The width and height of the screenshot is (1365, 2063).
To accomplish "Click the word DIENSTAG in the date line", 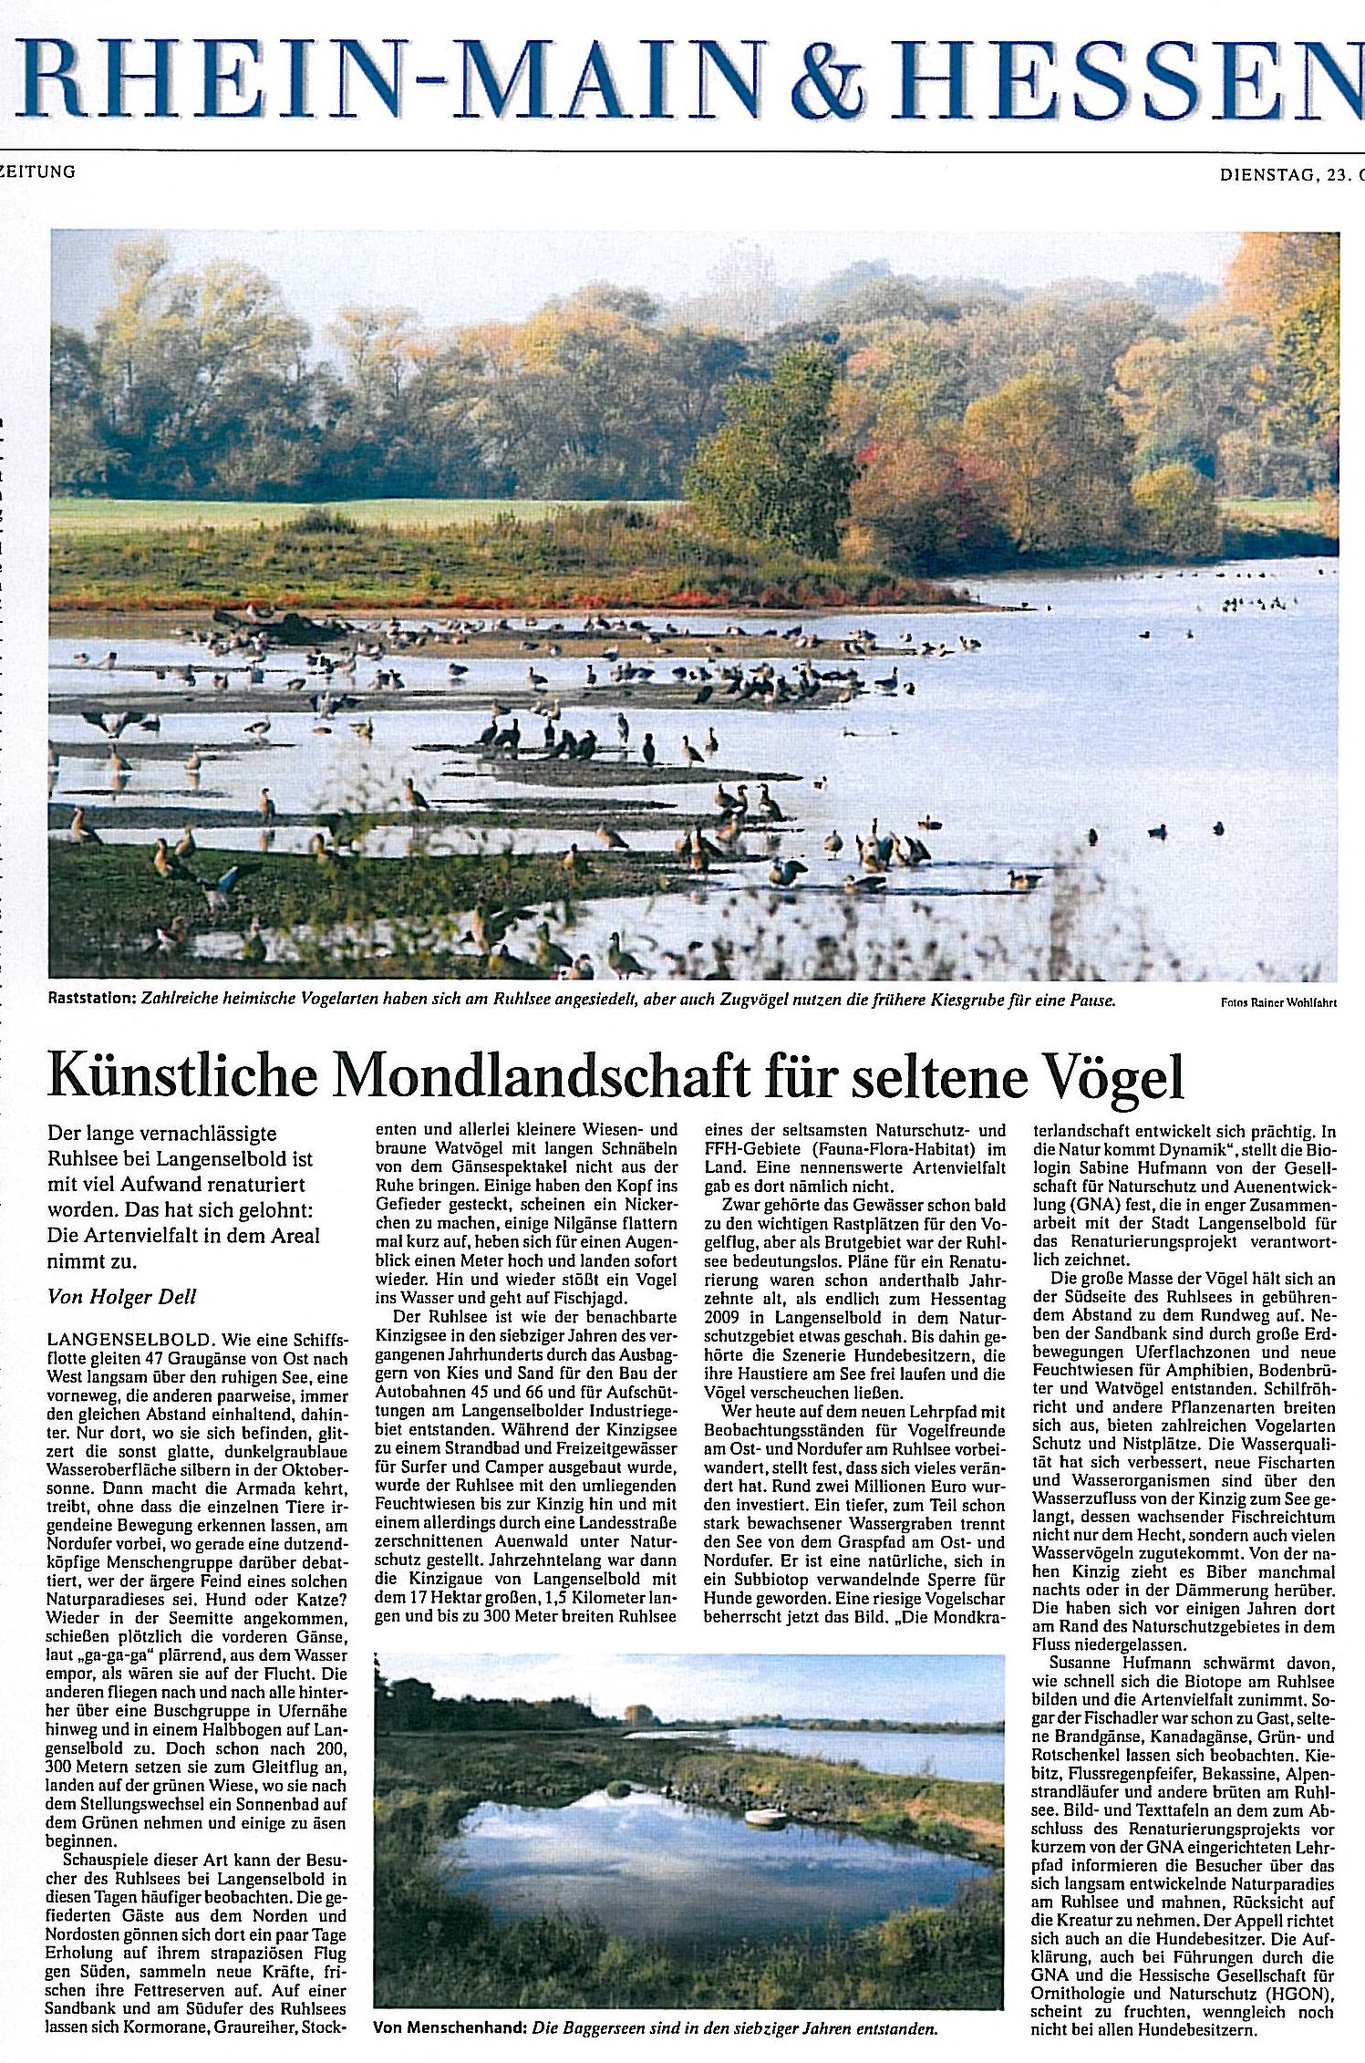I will point(1268,175).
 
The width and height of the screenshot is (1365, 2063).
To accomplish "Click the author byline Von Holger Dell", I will point(121,1296).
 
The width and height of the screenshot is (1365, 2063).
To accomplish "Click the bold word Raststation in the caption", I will point(91,1000).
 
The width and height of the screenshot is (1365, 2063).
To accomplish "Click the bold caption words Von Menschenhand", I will point(450,2028).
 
